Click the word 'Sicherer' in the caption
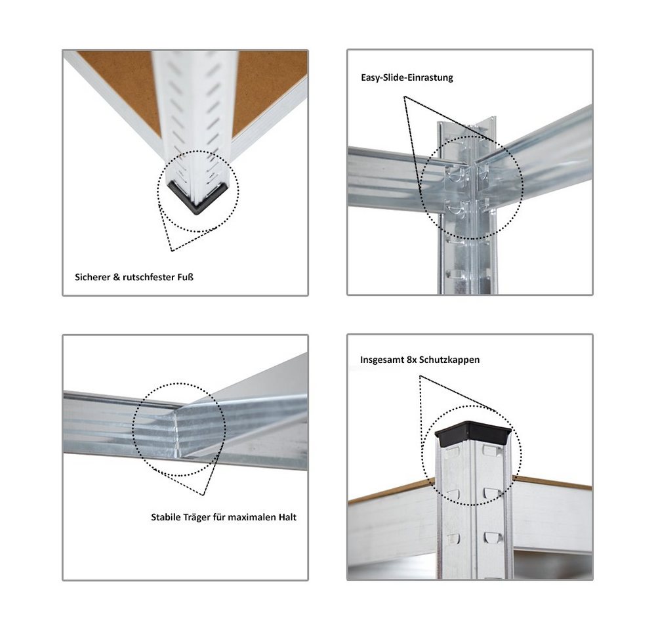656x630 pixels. click(x=92, y=277)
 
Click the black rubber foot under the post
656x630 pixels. click(x=197, y=198)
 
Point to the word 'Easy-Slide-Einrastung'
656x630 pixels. click(x=407, y=77)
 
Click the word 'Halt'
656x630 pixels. click(x=287, y=517)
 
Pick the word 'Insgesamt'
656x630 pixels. click(x=382, y=360)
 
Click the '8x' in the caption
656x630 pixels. click(x=412, y=360)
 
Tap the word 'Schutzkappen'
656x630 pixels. click(x=450, y=360)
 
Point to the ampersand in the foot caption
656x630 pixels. click(x=116, y=277)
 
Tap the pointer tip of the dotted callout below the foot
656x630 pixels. click(x=172, y=251)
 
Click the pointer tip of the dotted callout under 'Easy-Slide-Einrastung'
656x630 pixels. click(x=404, y=96)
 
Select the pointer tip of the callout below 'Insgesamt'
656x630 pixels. click(x=420, y=376)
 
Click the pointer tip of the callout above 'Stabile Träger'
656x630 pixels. click(x=203, y=495)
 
